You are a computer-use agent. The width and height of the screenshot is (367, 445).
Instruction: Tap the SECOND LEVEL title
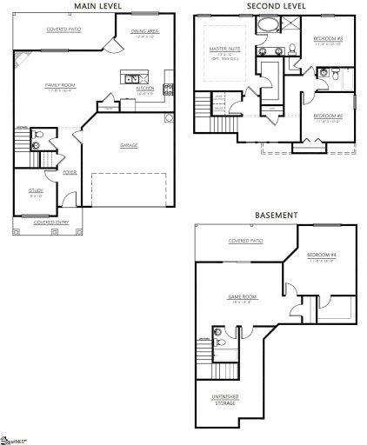pos(276,5)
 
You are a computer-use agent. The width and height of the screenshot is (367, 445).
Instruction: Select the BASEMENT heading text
pos(276,215)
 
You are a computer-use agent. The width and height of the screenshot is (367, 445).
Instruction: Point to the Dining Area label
pos(144,32)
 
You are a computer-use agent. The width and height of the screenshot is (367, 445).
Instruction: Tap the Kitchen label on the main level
pos(146,89)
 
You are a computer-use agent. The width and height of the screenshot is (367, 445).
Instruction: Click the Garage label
pos(129,145)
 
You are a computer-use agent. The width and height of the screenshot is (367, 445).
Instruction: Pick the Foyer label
pos(69,172)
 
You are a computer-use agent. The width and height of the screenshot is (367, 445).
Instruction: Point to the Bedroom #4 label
pos(323,256)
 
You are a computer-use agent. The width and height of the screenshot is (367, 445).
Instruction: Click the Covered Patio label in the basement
pos(245,241)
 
